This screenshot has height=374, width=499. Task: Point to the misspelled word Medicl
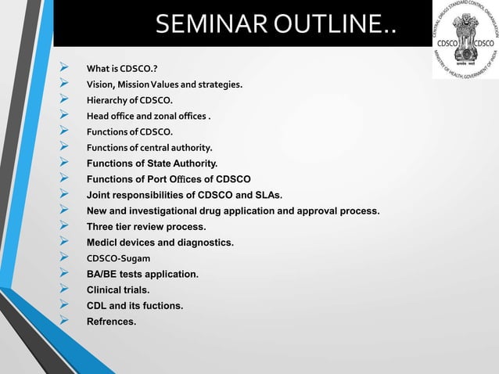tap(103, 243)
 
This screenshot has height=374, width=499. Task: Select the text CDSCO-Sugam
tap(119, 259)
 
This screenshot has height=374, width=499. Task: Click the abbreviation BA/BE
tap(105, 275)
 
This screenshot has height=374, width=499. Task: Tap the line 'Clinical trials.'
tap(118, 290)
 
